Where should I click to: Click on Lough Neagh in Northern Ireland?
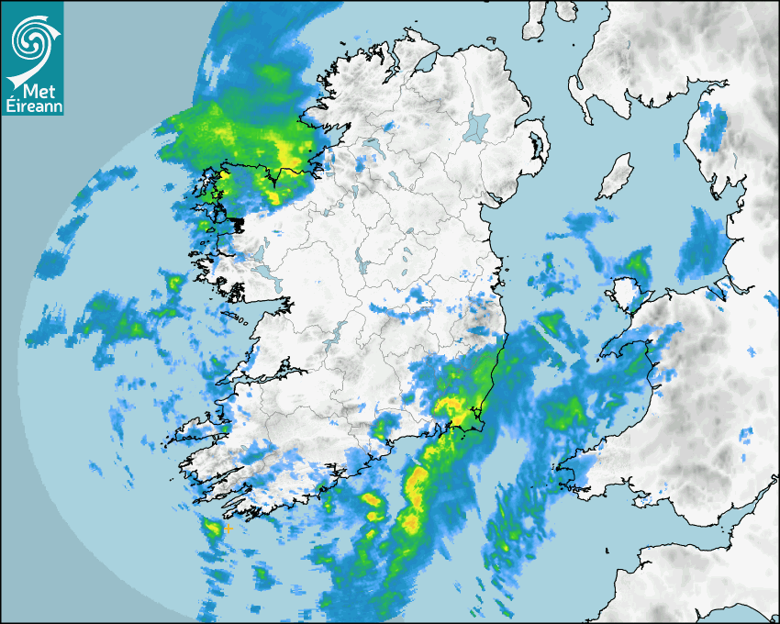point(477,126)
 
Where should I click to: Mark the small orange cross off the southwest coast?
point(228,529)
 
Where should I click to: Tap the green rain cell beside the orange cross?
point(212,528)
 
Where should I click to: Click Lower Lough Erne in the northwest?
point(372,147)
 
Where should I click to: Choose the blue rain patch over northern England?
point(711,128)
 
